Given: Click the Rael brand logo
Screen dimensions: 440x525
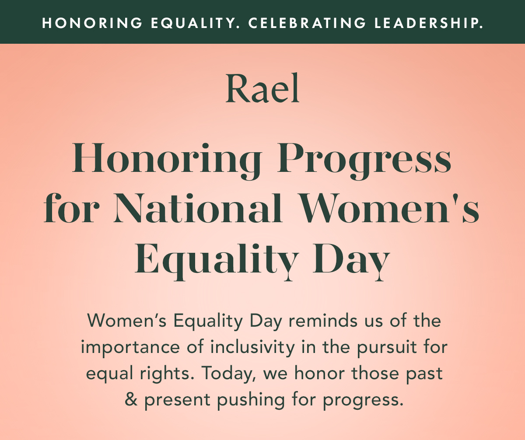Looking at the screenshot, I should (x=262, y=89).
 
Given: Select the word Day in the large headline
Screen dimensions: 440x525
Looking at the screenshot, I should (x=350, y=261).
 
